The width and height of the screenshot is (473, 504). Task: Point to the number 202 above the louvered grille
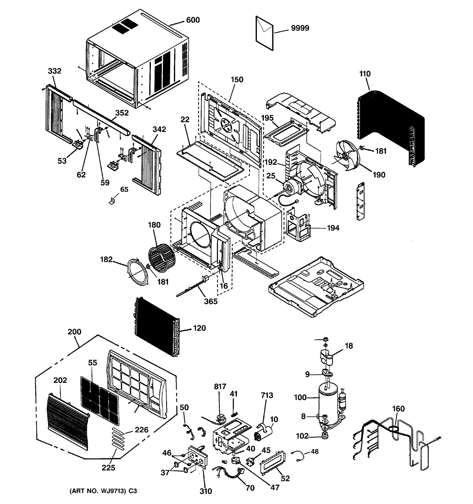click(x=60, y=380)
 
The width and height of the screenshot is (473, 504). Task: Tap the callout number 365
click(x=211, y=301)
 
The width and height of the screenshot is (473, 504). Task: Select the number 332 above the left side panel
click(x=55, y=71)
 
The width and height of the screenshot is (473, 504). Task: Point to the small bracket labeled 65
click(x=112, y=201)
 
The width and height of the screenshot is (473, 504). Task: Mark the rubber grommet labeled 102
click(x=325, y=436)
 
